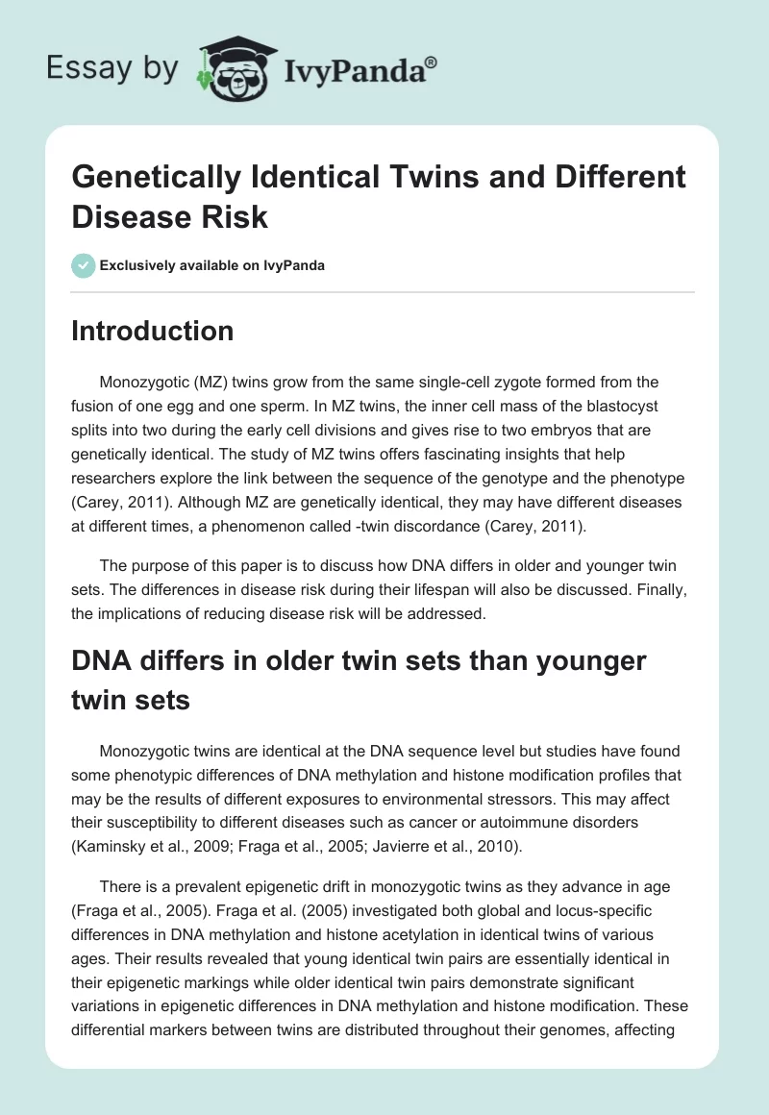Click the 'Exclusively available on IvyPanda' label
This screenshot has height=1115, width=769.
211,265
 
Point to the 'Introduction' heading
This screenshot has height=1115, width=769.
153,331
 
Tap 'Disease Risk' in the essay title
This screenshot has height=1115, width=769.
170,216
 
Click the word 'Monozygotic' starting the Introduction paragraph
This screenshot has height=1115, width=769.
141,382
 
